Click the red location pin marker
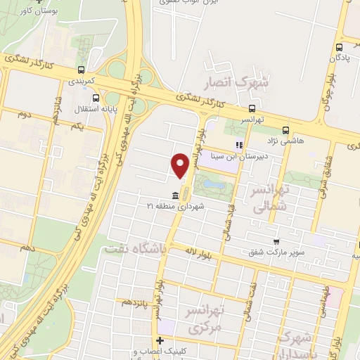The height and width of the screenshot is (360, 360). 180,165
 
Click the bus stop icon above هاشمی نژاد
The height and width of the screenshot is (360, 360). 285,130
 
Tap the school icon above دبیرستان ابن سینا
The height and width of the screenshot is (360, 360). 239,145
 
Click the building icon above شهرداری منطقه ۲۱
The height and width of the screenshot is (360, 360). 175,195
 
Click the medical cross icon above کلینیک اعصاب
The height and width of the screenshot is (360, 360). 160,341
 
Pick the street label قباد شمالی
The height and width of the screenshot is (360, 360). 229,219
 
